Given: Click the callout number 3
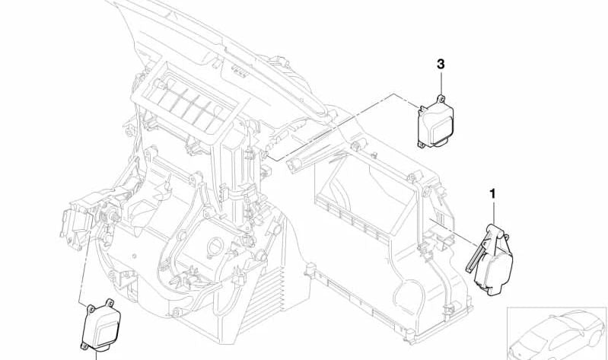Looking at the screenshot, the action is [x=441, y=64].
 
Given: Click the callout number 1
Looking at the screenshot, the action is [x=493, y=193].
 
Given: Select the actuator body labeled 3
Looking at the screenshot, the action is [x=435, y=123].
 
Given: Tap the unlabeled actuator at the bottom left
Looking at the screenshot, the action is [x=101, y=325].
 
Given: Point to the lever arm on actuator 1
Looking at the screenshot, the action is [x=477, y=252].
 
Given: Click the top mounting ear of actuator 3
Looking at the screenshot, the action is [x=441, y=99].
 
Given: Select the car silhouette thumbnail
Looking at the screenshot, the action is [x=557, y=334].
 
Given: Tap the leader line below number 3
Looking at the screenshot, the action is [x=441, y=83].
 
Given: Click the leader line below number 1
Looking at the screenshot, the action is [x=493, y=212].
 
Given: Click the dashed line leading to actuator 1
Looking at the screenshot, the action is [x=453, y=233].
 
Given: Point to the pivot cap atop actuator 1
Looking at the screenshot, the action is [x=495, y=229].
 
